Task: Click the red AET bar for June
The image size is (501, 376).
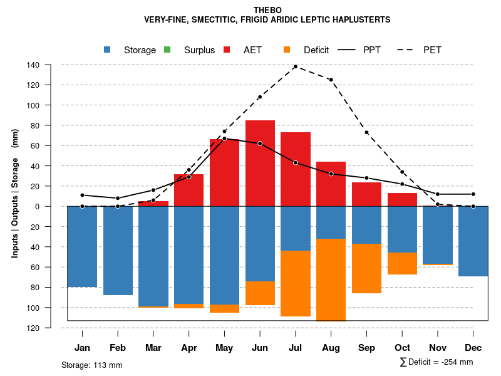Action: [260, 163]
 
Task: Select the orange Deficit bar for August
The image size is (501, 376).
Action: [331, 279]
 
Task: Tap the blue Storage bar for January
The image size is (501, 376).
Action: [82, 246]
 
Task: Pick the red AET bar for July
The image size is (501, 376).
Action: [296, 169]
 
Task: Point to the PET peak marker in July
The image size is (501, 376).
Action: [296, 66]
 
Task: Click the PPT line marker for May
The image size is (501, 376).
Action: [224, 138]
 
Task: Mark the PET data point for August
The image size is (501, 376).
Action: [331, 80]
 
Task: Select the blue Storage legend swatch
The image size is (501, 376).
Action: [108, 50]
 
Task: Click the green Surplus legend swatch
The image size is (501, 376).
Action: [168, 50]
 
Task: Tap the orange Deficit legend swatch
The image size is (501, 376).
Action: [287, 50]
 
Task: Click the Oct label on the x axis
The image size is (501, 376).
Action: [403, 348]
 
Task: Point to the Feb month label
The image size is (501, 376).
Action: [118, 348]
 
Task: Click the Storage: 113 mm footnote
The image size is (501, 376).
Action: [92, 365]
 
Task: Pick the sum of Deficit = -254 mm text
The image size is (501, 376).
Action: [436, 362]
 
